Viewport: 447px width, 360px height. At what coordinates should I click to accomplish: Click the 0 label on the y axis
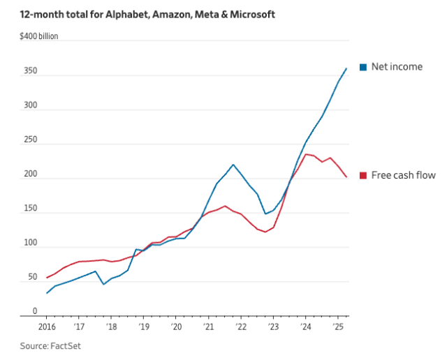(x=34, y=311)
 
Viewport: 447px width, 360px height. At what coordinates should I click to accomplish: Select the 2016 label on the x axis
(x=47, y=326)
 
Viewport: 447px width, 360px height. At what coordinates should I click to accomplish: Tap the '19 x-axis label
(x=143, y=326)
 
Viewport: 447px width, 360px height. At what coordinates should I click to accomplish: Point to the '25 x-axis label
(x=337, y=326)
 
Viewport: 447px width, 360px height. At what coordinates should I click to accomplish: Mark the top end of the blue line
(x=346, y=68)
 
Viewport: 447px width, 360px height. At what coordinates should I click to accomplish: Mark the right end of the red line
(x=346, y=177)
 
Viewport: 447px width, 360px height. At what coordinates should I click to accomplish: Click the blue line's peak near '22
(x=233, y=165)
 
